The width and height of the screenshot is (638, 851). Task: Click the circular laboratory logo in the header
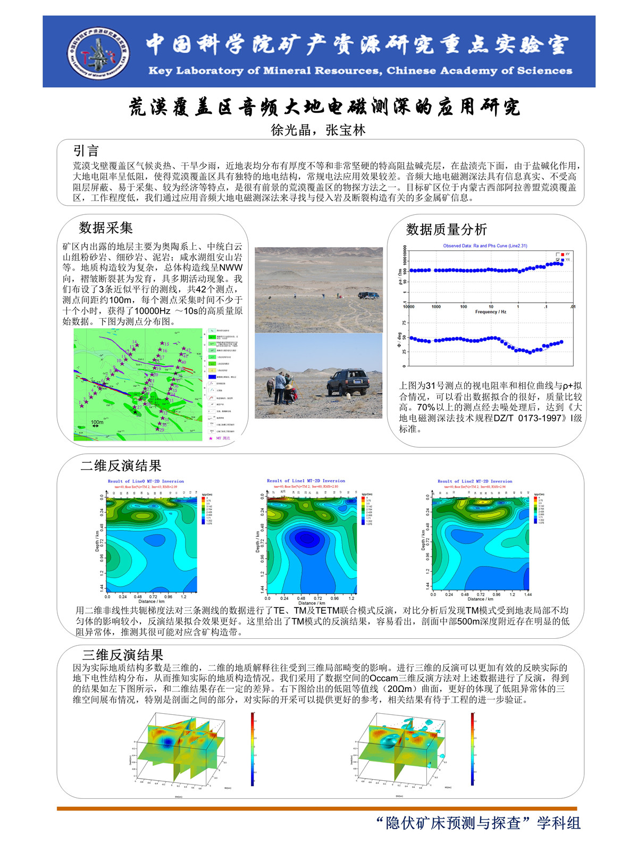tap(99, 52)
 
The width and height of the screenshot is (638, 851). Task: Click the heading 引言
tap(86, 151)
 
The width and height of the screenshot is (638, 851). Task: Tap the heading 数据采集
tap(106, 228)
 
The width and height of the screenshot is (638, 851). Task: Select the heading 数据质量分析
tap(446, 230)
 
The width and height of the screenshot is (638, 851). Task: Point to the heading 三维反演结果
tap(122, 655)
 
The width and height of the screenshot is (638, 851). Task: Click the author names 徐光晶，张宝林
tap(318, 130)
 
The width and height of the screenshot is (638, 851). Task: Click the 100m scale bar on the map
tap(97, 425)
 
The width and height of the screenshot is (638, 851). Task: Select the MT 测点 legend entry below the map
tap(220, 438)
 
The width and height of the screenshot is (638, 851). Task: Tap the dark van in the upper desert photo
tap(368, 295)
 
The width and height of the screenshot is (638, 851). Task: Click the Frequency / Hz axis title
tap(490, 312)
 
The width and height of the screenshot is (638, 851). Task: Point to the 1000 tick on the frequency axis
tap(436, 307)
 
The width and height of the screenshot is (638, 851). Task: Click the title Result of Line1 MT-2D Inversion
tap(306, 481)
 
